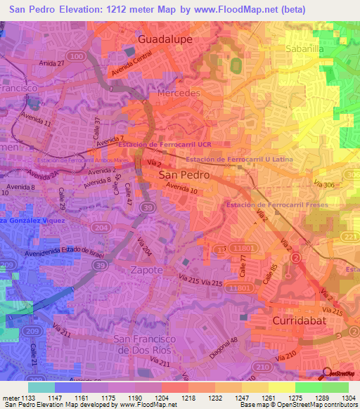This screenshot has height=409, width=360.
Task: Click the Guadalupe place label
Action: (166, 39)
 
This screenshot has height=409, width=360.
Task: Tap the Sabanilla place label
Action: (304, 49)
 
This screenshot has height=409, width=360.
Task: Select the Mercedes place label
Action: (179, 93)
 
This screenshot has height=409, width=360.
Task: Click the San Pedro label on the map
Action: (183, 174)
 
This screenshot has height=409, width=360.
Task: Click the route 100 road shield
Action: (78, 56)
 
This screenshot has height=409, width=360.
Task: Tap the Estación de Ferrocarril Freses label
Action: (278, 204)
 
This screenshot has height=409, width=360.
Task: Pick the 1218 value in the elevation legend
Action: (172, 398)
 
